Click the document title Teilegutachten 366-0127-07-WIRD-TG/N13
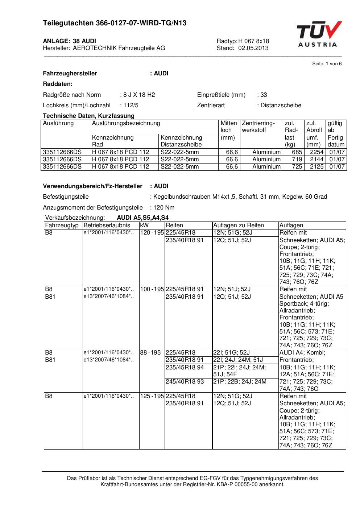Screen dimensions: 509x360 (x=115, y=23)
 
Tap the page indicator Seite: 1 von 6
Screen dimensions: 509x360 (x=327, y=64)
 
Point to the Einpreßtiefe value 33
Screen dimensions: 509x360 (x=264, y=95)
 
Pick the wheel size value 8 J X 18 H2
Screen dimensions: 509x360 (x=139, y=95)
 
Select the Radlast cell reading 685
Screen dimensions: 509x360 (x=297, y=152)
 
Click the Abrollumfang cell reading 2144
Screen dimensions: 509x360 (x=316, y=160)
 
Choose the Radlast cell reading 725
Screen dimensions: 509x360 (x=297, y=167)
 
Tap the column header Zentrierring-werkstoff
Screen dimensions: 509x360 (x=258, y=127)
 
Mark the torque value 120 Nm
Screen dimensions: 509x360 (x=164, y=208)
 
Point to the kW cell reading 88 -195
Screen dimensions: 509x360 (x=150, y=353)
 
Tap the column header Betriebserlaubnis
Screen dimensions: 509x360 (x=107, y=225)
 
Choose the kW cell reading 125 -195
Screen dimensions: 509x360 (x=152, y=396)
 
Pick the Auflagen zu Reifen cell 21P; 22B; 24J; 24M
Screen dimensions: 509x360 (x=240, y=382)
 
